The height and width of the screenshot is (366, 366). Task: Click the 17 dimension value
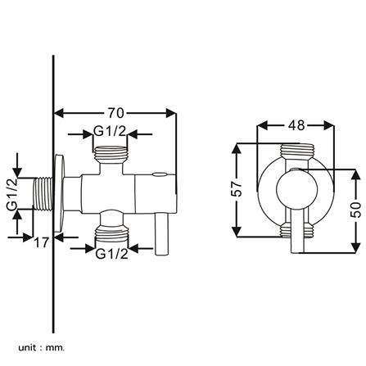coord(38,242)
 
